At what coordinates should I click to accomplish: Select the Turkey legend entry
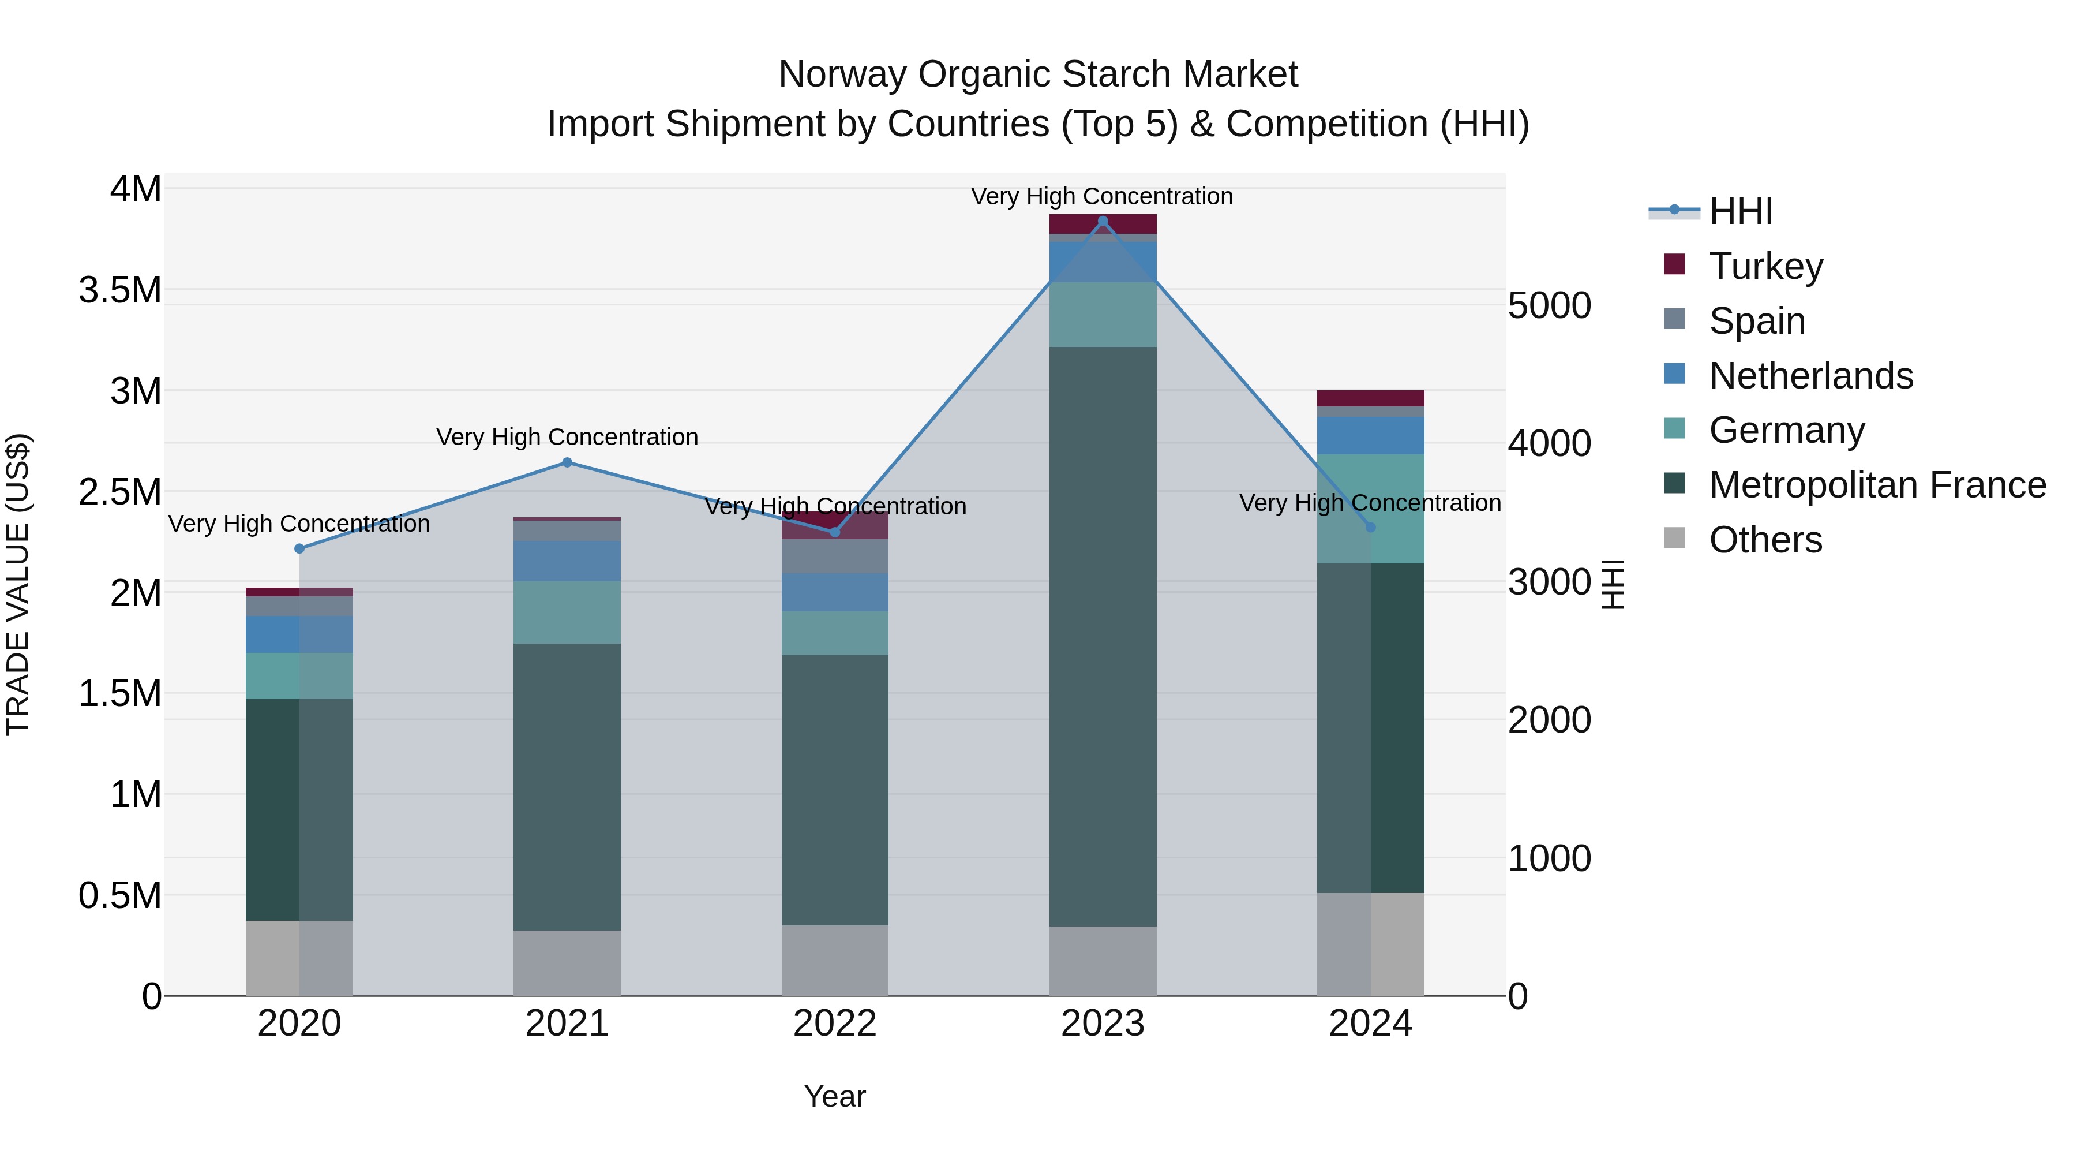pyautogui.click(x=1766, y=266)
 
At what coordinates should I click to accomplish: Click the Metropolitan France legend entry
pyautogui.click(x=1877, y=485)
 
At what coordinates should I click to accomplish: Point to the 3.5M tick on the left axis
pyautogui.click(x=120, y=290)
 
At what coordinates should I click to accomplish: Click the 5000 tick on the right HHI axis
pyautogui.click(x=1549, y=306)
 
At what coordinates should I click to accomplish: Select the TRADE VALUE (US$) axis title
pyautogui.click(x=18, y=584)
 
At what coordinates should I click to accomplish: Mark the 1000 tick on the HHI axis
pyautogui.click(x=1549, y=858)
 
